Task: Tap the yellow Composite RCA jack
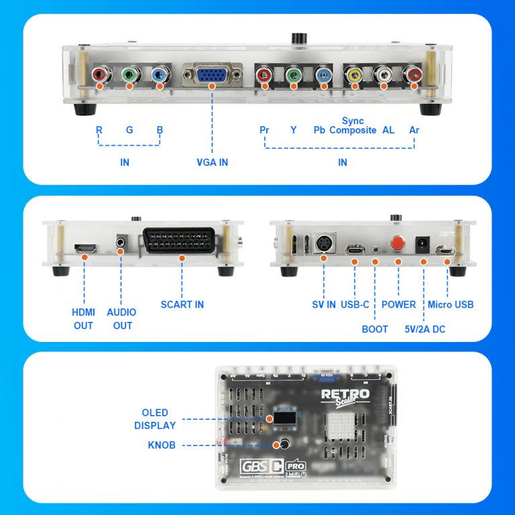[x=353, y=76]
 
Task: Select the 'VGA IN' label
[x=212, y=162]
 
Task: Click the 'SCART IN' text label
[x=182, y=304]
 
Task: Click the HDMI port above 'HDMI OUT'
[x=84, y=249]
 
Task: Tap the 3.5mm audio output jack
[x=121, y=241]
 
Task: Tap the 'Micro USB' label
[x=451, y=304]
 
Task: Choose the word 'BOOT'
[x=375, y=329]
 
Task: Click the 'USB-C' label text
[x=355, y=304]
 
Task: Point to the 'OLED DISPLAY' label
[x=155, y=419]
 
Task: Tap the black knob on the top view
[x=284, y=444]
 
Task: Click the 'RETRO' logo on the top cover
[x=345, y=394]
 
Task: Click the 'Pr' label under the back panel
[x=264, y=130]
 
